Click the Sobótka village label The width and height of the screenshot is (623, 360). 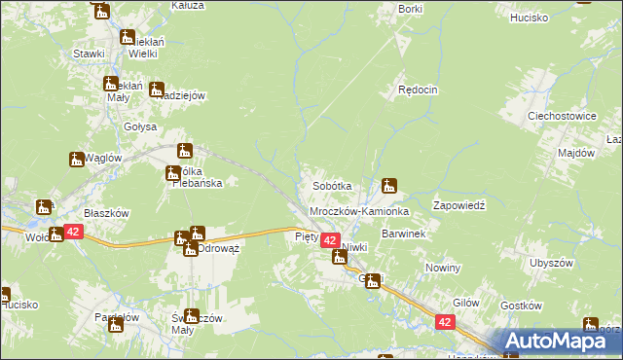coord(331,185)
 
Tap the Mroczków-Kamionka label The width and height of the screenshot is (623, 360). coord(358,210)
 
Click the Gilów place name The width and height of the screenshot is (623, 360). coord(466,303)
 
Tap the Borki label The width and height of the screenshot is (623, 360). coord(410,8)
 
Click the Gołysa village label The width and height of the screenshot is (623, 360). coord(140,126)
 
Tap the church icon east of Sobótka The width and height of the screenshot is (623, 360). coord(390,184)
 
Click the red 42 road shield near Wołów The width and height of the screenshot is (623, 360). coord(73,232)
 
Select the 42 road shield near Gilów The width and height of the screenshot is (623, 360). coord(445,321)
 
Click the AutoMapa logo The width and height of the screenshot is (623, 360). coord(561,342)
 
